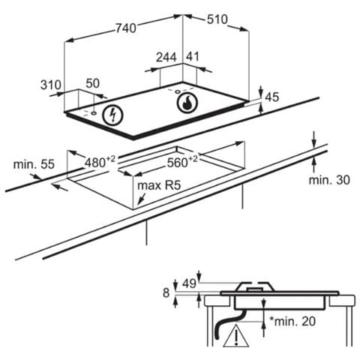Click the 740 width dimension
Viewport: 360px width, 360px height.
click(126, 28)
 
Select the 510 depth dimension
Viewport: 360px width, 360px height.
click(217, 19)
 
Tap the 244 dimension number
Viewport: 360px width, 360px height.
click(166, 57)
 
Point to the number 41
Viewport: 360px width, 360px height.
click(193, 56)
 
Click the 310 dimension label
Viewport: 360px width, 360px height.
click(51, 85)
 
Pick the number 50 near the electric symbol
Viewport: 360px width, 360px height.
click(93, 83)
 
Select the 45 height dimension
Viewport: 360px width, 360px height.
click(272, 97)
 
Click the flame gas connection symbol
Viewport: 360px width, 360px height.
click(187, 103)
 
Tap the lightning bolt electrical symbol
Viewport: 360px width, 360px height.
click(113, 115)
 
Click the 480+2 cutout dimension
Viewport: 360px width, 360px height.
click(100, 161)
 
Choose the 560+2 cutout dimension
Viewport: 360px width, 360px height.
click(182, 161)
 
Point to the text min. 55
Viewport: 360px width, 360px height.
click(34, 164)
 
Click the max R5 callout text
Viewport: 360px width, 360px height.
click(159, 185)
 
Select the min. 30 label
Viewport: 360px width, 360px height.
click(329, 180)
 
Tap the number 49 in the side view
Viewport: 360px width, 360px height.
click(189, 283)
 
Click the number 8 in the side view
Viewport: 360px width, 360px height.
click(166, 292)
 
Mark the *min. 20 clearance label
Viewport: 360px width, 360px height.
click(292, 321)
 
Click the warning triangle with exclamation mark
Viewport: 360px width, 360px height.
click(236, 336)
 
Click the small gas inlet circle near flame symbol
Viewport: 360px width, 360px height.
click(178, 91)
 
